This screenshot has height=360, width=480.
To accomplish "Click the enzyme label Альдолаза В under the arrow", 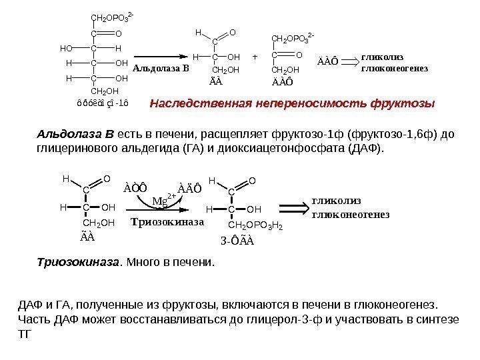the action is (161, 68).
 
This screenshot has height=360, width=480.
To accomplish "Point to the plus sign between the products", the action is (255, 57).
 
